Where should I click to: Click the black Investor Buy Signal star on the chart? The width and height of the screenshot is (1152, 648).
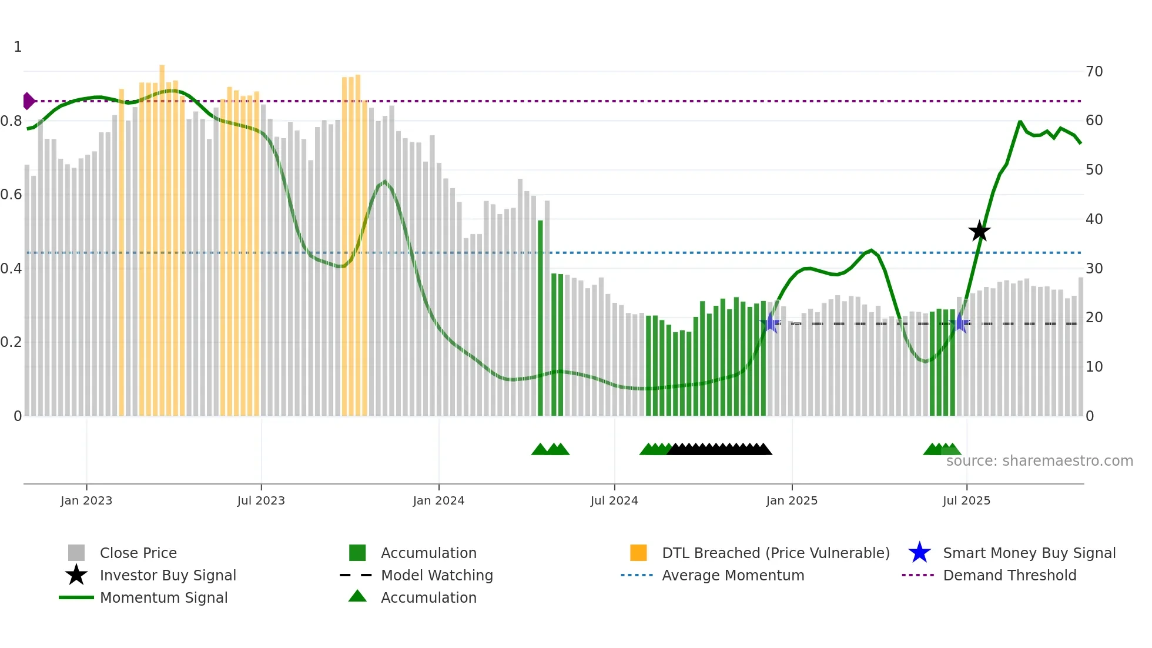point(979,231)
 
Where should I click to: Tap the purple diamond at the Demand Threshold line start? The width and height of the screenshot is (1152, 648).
point(28,101)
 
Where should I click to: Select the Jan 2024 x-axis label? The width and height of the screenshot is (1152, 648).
point(438,500)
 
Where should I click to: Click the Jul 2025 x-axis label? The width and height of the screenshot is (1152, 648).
point(966,500)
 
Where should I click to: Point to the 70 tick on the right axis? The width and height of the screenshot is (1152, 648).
point(1094,72)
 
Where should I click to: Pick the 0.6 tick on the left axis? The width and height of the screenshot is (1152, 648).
point(11,195)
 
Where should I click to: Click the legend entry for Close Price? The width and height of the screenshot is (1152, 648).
point(138,553)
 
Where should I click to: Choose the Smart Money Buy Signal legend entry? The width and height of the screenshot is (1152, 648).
point(1029,553)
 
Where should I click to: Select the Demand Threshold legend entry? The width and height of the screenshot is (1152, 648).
point(1009,575)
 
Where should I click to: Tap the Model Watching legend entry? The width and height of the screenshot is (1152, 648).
point(437,575)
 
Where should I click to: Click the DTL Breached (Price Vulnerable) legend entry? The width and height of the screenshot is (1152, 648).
point(775,553)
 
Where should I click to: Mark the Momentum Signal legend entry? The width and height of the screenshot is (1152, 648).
point(163,597)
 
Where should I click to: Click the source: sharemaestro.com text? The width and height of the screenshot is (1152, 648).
point(1039,461)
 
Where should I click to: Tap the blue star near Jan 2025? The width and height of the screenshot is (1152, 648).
point(771,323)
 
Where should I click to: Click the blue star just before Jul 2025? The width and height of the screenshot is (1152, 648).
point(960,323)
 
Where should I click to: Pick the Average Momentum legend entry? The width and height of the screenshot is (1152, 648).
point(732,575)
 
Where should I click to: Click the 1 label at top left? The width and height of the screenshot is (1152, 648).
point(18,47)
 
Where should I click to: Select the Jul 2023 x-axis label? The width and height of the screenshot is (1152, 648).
point(261,500)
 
